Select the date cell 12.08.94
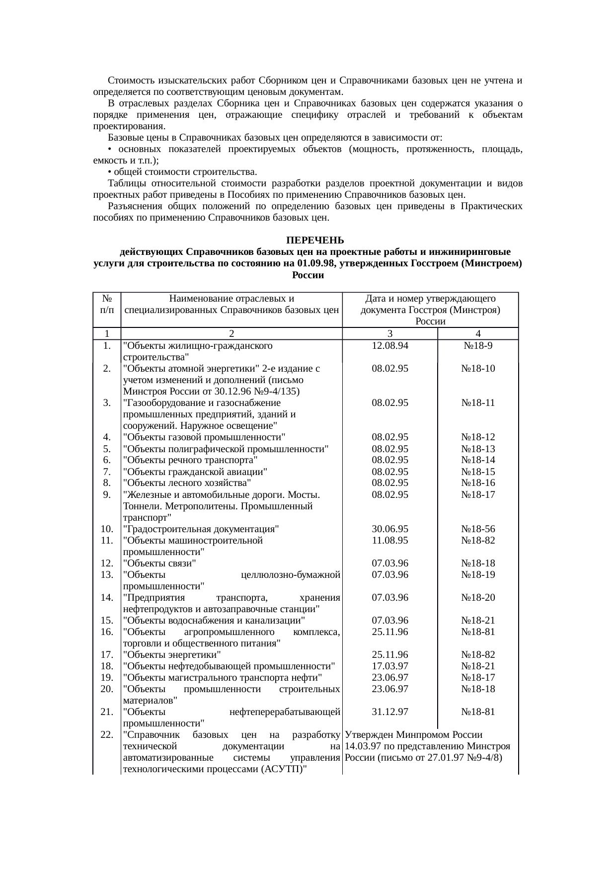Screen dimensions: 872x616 pos(390,346)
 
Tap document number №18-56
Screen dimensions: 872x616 pos(477,529)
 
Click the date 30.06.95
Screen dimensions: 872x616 pos(390,529)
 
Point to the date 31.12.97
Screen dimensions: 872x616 pos(390,712)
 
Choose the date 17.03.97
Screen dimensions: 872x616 pos(390,666)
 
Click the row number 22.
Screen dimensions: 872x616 pos(106,735)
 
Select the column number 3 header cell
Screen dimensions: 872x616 pos(390,334)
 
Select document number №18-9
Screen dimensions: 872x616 pos(477,346)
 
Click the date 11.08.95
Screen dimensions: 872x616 pos(390,541)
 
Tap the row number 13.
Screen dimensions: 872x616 pos(106,575)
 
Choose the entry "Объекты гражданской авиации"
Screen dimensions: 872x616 pos(195,472)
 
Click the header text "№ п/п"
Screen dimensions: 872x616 pos(107,304)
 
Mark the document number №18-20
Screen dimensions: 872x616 pos(477,598)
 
